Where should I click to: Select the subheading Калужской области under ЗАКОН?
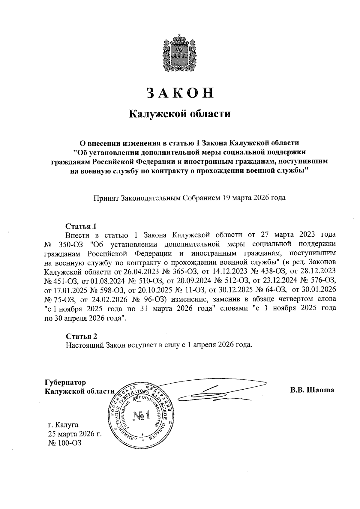[x=180, y=114]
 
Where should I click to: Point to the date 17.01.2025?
[x=60, y=290]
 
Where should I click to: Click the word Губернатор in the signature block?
[x=65, y=382]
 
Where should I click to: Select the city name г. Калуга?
[x=63, y=425]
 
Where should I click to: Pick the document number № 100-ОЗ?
[x=65, y=443]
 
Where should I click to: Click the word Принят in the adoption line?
[x=106, y=198]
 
